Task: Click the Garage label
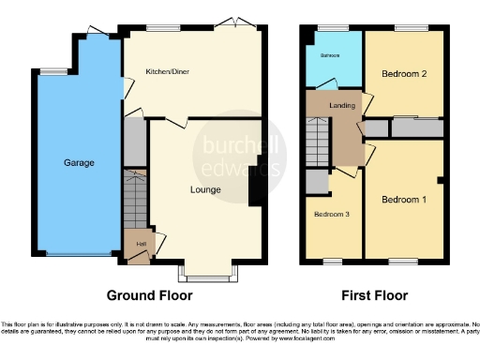tap(79, 163)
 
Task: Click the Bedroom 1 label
tap(402, 199)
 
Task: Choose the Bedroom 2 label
tap(404, 73)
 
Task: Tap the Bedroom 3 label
tap(330, 214)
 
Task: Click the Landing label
tap(342, 105)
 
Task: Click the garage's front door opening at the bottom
tap(79, 254)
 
